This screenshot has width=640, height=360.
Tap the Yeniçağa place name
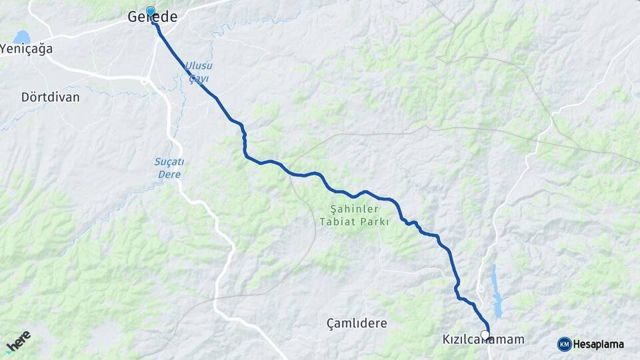(27, 49)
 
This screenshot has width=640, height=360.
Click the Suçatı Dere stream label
(169, 168)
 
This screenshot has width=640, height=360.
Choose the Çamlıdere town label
(357, 323)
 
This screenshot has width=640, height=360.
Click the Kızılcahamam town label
(483, 340)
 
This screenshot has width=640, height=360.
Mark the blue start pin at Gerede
(151, 11)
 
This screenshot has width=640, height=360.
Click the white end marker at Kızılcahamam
(485, 335)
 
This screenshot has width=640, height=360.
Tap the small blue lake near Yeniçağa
(21, 37)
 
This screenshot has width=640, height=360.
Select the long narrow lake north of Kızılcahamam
(496, 291)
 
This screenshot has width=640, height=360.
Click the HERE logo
(18, 342)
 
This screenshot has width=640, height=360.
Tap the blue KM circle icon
(564, 344)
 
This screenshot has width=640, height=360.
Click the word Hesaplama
(599, 345)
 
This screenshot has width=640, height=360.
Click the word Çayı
(198, 78)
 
